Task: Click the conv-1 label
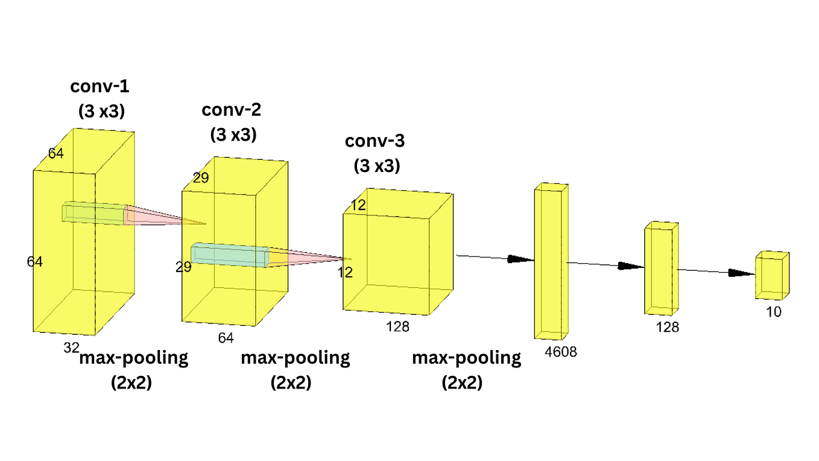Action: point(100,86)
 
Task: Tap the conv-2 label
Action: point(232,110)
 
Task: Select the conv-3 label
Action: point(375,141)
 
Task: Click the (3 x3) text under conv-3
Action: point(377,165)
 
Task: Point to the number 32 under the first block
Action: point(72,347)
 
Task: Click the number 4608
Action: point(560,352)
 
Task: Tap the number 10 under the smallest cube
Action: point(773,312)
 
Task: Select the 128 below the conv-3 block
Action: point(397,326)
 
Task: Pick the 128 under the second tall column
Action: point(668,327)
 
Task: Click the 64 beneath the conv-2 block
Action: point(226,337)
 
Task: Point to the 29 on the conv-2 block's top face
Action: point(201,177)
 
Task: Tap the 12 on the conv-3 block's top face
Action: point(358,205)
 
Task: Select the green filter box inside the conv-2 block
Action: point(229,255)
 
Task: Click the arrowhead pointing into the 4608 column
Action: point(521,259)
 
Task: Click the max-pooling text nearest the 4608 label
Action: point(466,358)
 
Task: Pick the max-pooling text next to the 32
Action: point(134,358)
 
